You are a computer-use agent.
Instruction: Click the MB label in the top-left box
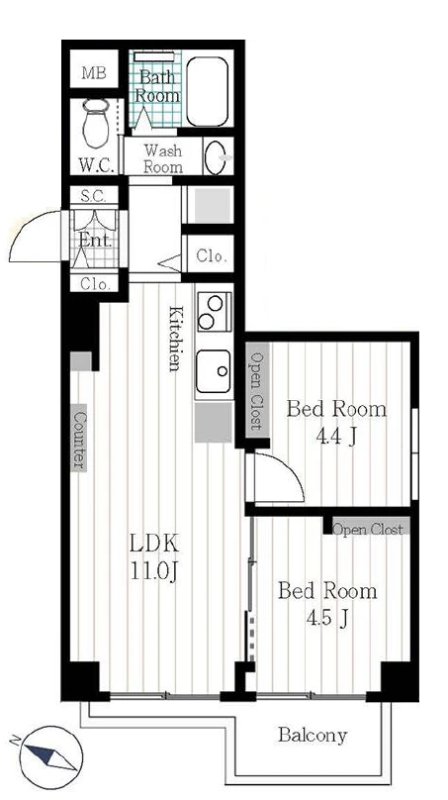pyautogui.click(x=94, y=73)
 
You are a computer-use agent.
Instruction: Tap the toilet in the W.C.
pyautogui.click(x=95, y=124)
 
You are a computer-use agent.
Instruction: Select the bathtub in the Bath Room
pyautogui.click(x=207, y=91)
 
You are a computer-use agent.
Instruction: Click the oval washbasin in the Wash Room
pyautogui.click(x=215, y=157)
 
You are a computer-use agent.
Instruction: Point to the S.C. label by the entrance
pyautogui.click(x=94, y=195)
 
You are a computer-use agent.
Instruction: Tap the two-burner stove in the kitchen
pyautogui.click(x=214, y=311)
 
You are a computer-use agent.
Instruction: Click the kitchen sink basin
pyautogui.click(x=214, y=371)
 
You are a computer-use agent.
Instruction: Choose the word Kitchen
pyautogui.click(x=175, y=339)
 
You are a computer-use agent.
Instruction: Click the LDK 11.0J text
pyautogui.click(x=154, y=557)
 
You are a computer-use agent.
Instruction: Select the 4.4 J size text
pyautogui.click(x=335, y=438)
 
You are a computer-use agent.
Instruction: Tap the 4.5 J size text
pyautogui.click(x=326, y=619)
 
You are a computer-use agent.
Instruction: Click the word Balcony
pyautogui.click(x=313, y=736)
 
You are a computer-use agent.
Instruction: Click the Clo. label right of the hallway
pyautogui.click(x=211, y=256)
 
